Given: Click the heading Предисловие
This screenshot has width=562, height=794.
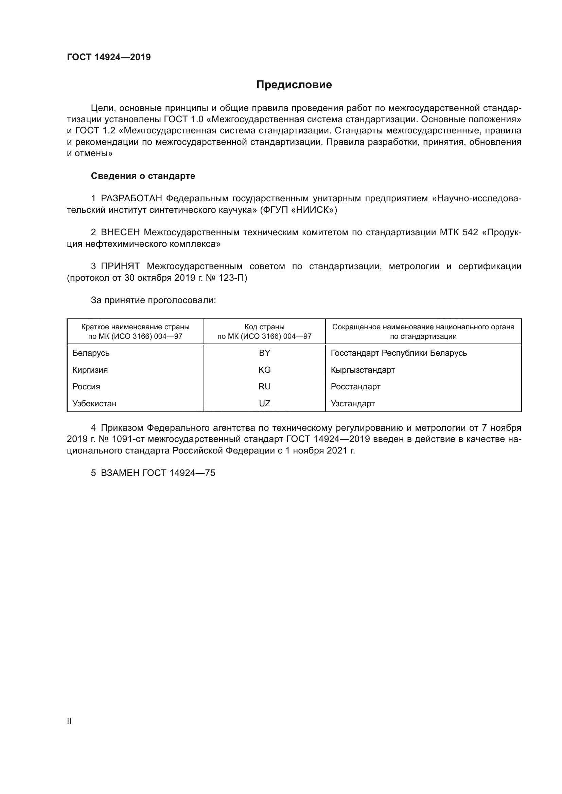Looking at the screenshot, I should [x=294, y=85].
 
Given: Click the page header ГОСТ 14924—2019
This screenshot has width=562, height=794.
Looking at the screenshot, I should [x=109, y=57].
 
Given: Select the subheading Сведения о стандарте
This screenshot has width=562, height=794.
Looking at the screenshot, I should [x=143, y=176].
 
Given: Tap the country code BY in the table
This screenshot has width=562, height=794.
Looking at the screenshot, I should [x=264, y=353].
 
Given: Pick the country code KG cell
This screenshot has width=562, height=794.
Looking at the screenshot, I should [x=264, y=370].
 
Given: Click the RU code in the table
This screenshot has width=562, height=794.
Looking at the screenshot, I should [x=264, y=387].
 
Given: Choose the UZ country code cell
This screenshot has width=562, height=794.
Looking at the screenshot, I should [x=264, y=404].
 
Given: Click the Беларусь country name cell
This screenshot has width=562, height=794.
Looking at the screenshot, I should [x=91, y=353].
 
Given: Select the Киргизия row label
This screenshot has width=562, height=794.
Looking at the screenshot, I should [x=90, y=370].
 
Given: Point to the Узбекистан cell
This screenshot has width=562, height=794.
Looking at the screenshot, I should [x=94, y=404].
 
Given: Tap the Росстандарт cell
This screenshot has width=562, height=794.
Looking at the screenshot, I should [x=355, y=387].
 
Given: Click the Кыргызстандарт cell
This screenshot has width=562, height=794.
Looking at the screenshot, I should [x=363, y=370].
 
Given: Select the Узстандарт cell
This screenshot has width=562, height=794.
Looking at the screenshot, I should [x=353, y=404].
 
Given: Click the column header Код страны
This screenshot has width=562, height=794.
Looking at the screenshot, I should [x=264, y=327].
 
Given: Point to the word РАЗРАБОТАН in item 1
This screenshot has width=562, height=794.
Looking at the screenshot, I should [x=131, y=199].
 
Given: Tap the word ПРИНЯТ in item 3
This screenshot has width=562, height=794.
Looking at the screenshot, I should [x=120, y=266].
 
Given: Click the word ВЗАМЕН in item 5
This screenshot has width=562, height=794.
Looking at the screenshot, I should [x=120, y=473].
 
